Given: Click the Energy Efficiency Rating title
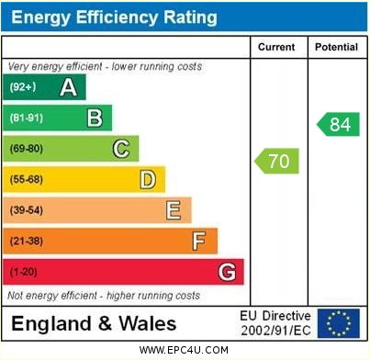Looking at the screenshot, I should [115, 17].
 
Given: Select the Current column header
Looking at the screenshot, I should [276, 47].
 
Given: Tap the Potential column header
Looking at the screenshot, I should [335, 47].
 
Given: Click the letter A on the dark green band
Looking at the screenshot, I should [68, 87].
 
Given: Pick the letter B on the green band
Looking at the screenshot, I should [94, 118].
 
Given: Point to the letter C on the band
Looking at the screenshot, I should [120, 149].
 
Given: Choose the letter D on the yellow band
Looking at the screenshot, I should [147, 180].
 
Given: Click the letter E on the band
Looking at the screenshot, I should [173, 211].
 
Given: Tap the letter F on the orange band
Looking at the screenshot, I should [198, 242].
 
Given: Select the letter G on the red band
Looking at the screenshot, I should [226, 273].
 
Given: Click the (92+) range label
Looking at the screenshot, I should [22, 87].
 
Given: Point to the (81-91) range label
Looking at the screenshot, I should [26, 118].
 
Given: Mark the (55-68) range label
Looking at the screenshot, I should [27, 180].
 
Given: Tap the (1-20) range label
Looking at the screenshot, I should [24, 273].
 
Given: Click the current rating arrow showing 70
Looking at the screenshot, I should [276, 162].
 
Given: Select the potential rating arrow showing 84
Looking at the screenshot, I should [338, 124].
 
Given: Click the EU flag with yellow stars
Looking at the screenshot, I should [341, 322].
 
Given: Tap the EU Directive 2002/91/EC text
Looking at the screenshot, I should [275, 322].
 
